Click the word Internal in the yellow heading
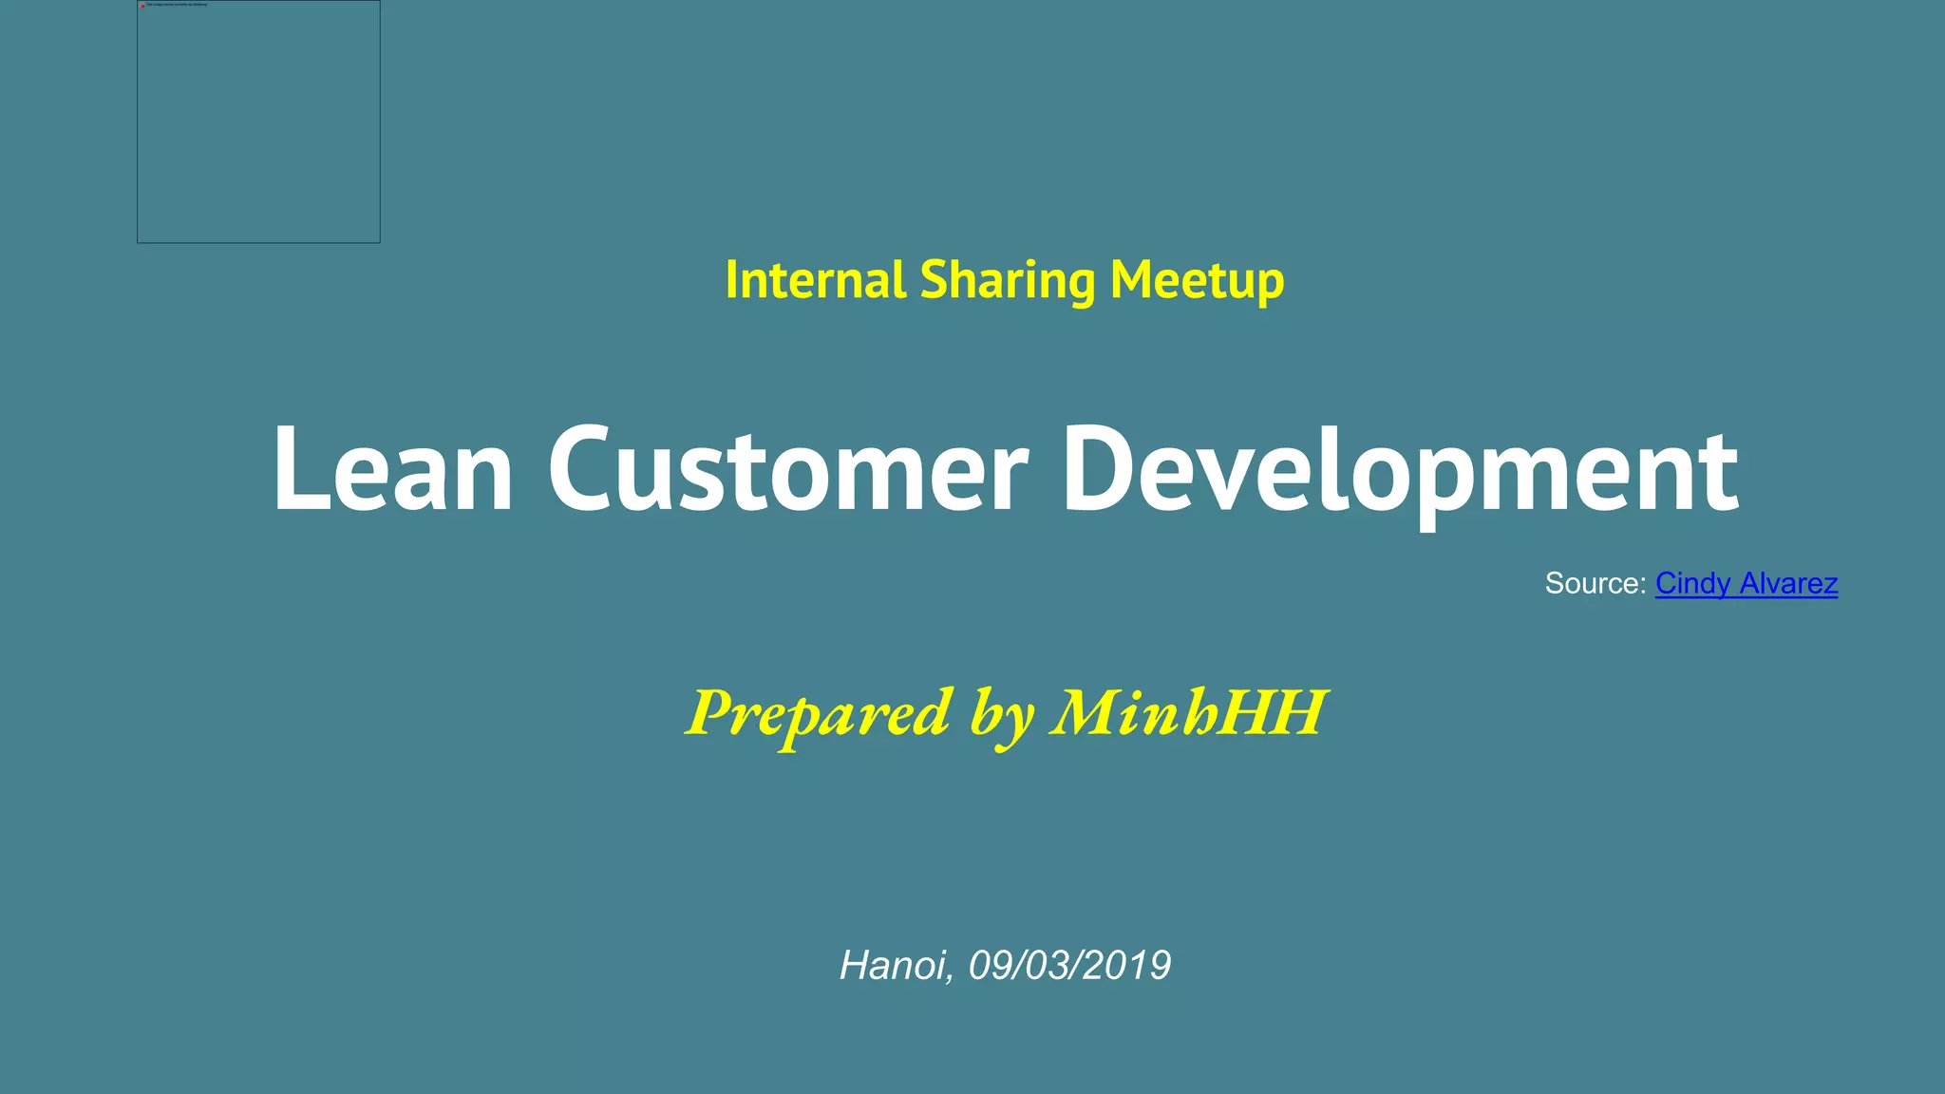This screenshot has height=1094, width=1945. (x=815, y=280)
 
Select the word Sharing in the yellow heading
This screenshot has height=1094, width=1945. (x=1008, y=282)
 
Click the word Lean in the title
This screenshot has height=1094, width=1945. (x=392, y=470)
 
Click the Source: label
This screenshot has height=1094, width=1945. (x=1595, y=583)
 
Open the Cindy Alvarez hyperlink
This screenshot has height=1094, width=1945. (x=1746, y=583)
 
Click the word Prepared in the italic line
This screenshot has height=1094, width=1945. (x=818, y=714)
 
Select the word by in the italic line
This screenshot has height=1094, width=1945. (x=1001, y=716)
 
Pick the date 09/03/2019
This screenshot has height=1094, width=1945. (x=1069, y=966)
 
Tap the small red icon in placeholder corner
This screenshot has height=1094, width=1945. (x=142, y=6)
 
